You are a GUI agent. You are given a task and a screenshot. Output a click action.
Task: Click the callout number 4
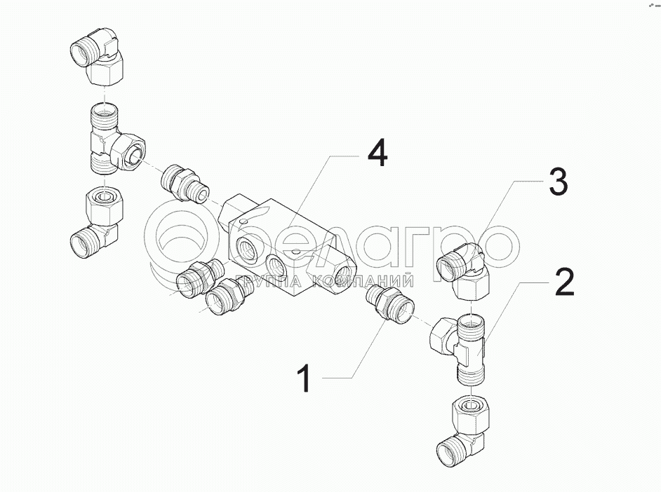click(x=378, y=153)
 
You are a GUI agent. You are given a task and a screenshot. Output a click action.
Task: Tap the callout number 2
click(x=564, y=282)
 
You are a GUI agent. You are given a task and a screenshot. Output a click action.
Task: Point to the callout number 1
click(x=305, y=379)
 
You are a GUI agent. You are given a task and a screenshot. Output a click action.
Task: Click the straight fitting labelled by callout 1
click(x=389, y=305)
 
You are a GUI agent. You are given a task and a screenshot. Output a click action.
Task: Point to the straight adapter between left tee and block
click(x=185, y=184)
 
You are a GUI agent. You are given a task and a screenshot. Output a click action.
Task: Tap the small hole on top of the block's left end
click(x=243, y=221)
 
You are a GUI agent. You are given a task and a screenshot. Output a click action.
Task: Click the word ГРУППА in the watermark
click(x=269, y=281)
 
